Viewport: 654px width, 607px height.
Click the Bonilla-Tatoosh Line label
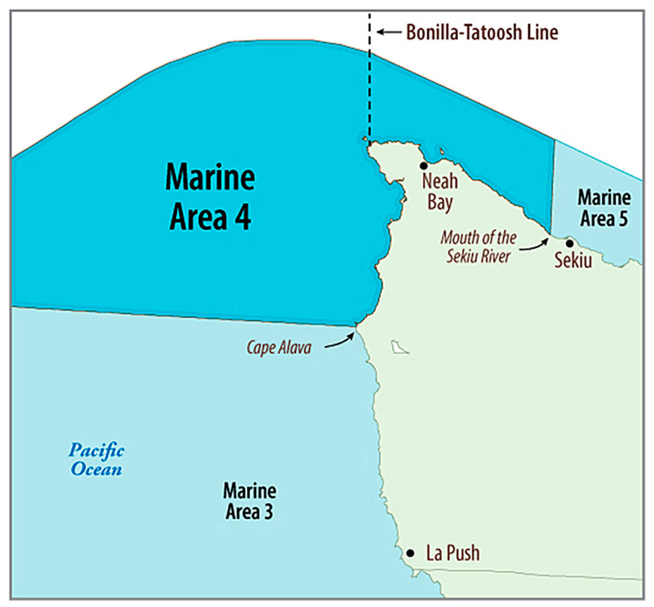pyautogui.click(x=482, y=32)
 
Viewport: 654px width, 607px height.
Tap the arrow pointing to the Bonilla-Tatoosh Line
pyautogui.click(x=389, y=32)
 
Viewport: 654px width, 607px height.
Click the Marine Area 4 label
pyautogui.click(x=210, y=197)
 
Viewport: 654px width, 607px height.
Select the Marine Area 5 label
pyautogui.click(x=604, y=208)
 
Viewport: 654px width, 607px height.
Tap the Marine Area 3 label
pyautogui.click(x=250, y=501)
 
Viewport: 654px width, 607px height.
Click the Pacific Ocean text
pyautogui.click(x=97, y=459)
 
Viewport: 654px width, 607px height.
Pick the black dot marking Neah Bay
pyautogui.click(x=424, y=166)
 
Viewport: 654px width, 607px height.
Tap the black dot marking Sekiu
pyautogui.click(x=569, y=243)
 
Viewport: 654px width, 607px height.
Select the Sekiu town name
pyautogui.click(x=573, y=260)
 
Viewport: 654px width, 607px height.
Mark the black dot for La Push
pyautogui.click(x=410, y=553)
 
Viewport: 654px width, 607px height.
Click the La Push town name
pyautogui.click(x=453, y=553)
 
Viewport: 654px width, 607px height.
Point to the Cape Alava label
pyautogui.click(x=279, y=348)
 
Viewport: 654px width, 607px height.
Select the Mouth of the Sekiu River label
pyautogui.click(x=479, y=246)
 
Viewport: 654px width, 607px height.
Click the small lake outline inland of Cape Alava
pyautogui.click(x=399, y=347)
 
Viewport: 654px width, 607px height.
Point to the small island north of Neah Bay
pyautogui.click(x=441, y=151)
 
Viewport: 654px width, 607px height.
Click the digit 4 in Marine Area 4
pyautogui.click(x=242, y=217)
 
